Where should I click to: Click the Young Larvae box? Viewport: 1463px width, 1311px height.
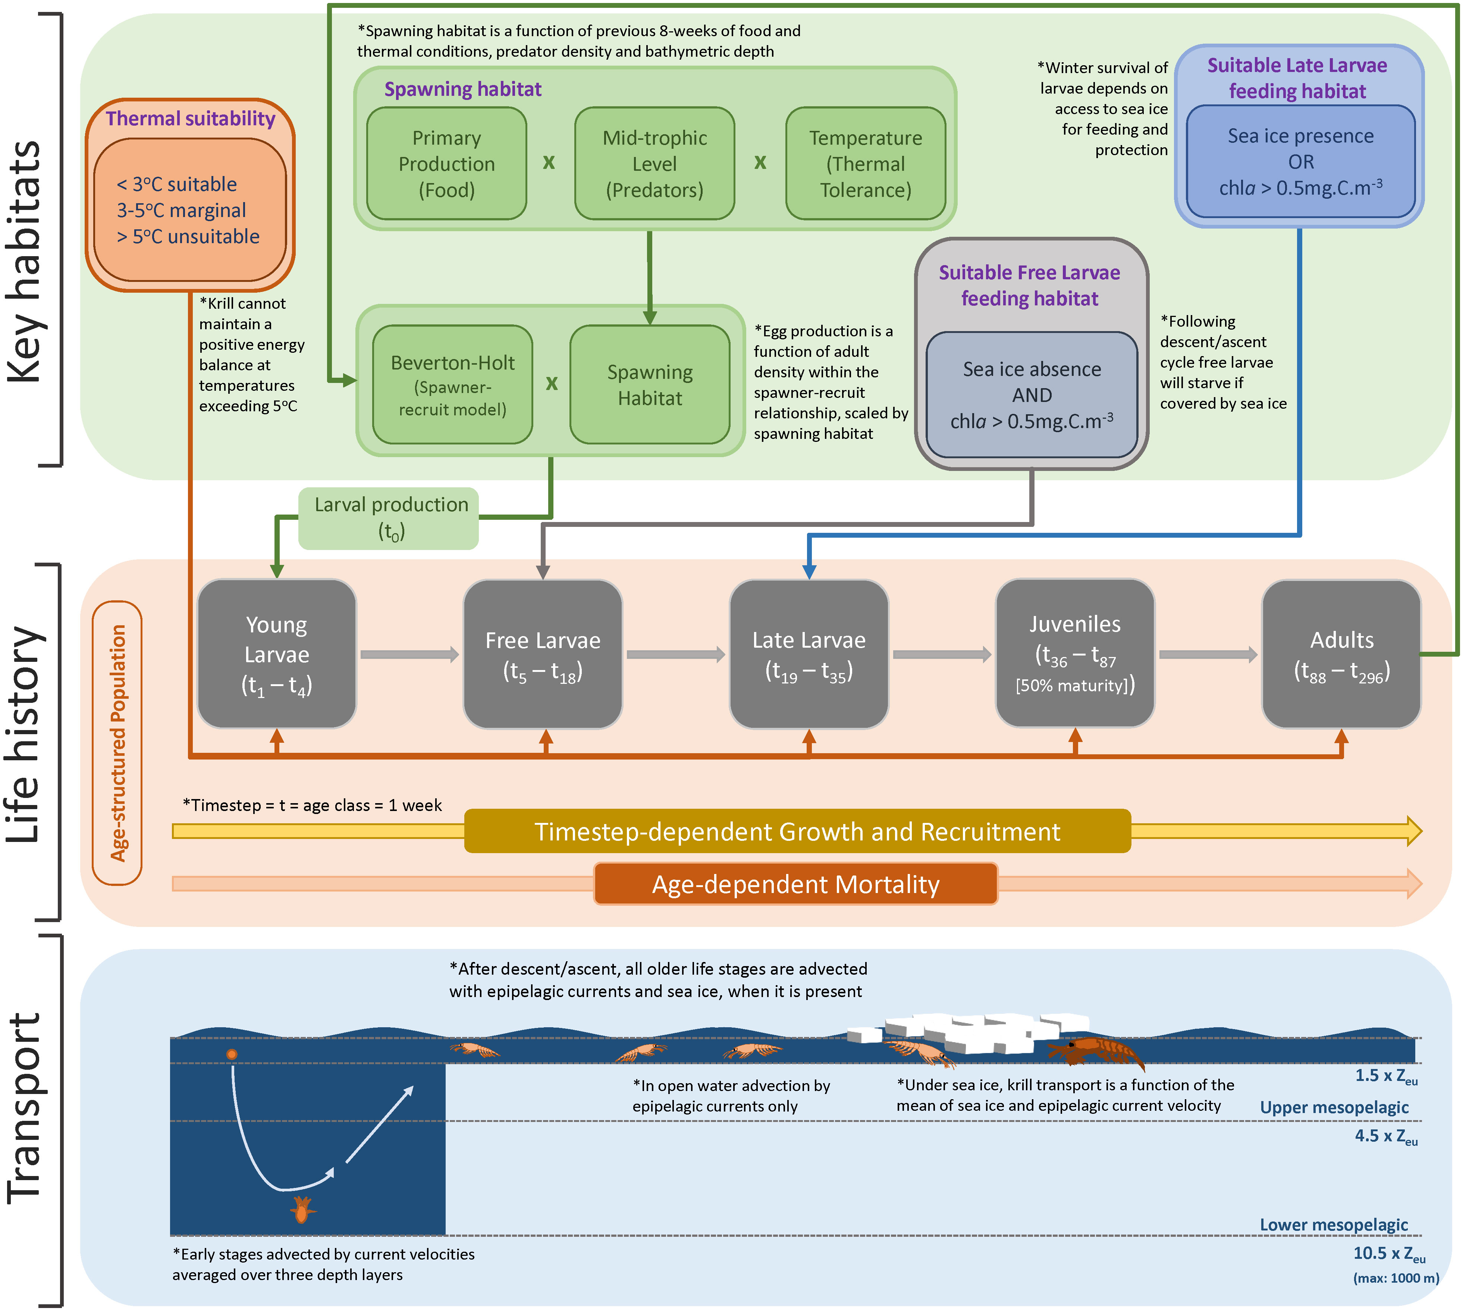(277, 654)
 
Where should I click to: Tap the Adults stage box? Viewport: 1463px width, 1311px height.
(1341, 654)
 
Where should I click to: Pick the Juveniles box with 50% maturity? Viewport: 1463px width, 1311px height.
(1075, 654)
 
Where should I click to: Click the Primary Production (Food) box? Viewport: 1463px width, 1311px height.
(447, 164)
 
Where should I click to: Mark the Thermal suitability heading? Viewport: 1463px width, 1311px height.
(190, 118)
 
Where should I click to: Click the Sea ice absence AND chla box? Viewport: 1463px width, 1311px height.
(1032, 395)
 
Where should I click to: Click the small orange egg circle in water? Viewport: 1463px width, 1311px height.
(231, 1054)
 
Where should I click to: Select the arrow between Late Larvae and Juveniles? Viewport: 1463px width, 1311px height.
(942, 654)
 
